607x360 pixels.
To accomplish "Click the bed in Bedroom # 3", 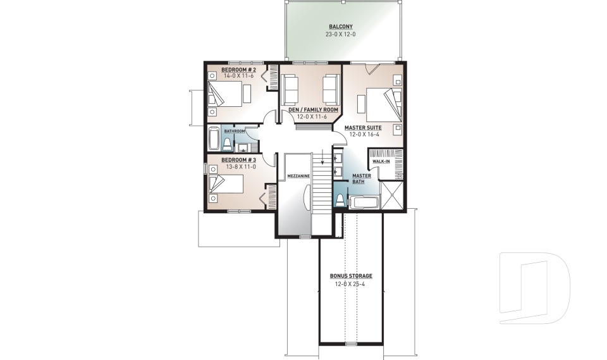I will (x=225, y=184).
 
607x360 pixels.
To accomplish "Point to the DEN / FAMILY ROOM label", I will (x=309, y=109).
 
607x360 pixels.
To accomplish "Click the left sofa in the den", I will (x=290, y=89).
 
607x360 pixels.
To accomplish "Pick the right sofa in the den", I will (x=331, y=89).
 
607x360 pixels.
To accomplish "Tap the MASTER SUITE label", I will (x=363, y=127).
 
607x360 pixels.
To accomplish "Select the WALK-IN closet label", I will (x=381, y=161).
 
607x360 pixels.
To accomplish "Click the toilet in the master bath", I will (x=340, y=201).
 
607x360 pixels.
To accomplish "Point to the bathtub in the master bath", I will (x=364, y=203).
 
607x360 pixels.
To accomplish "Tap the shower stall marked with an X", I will (x=392, y=196).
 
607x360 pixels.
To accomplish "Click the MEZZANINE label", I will (x=297, y=176).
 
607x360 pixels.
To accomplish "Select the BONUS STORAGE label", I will (x=351, y=276).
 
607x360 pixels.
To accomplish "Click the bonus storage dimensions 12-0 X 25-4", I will (x=351, y=284).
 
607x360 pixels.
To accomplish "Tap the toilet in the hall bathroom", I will (x=226, y=144).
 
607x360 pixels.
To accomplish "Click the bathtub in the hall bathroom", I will (x=213, y=138).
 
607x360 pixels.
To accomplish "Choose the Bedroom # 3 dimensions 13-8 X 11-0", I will (x=238, y=167).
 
